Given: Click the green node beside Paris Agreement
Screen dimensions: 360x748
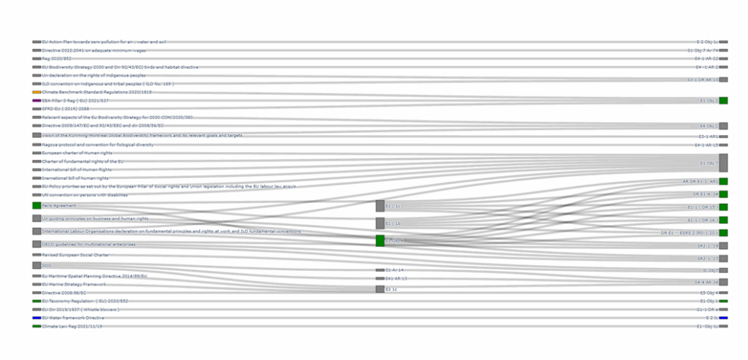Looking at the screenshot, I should (x=37, y=206).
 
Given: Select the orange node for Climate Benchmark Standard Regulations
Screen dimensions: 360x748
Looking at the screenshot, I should (x=37, y=92).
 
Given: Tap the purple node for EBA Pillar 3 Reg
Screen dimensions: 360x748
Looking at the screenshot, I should (x=37, y=100).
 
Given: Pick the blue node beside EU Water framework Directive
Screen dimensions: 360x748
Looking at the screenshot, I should (x=37, y=318).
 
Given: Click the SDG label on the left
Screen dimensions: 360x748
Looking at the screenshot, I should (x=46, y=266).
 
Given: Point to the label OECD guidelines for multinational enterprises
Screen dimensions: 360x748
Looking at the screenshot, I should (x=88, y=244).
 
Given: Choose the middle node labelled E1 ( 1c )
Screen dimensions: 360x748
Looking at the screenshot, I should (x=380, y=206).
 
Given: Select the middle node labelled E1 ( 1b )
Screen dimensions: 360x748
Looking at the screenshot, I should (x=380, y=223).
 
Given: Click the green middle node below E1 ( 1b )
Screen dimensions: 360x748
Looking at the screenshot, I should (x=380, y=240).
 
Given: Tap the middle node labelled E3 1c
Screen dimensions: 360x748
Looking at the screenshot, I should (x=380, y=289).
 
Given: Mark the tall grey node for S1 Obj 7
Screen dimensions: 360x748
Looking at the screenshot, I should (x=723, y=163).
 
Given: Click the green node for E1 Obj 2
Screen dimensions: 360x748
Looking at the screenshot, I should (x=723, y=100).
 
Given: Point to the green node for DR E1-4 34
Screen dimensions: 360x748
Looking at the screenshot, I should (x=723, y=194).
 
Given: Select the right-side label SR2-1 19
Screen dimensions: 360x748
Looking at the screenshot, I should (x=706, y=258).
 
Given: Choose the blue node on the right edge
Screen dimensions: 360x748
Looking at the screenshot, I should (x=723, y=318).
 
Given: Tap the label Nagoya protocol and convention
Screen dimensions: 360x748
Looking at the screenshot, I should (x=88, y=145).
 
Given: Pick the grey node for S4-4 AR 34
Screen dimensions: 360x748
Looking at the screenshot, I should (x=723, y=282).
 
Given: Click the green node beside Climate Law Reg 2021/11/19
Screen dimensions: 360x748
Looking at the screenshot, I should (x=37, y=326).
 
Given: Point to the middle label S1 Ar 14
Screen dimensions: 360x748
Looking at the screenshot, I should (x=395, y=270).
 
